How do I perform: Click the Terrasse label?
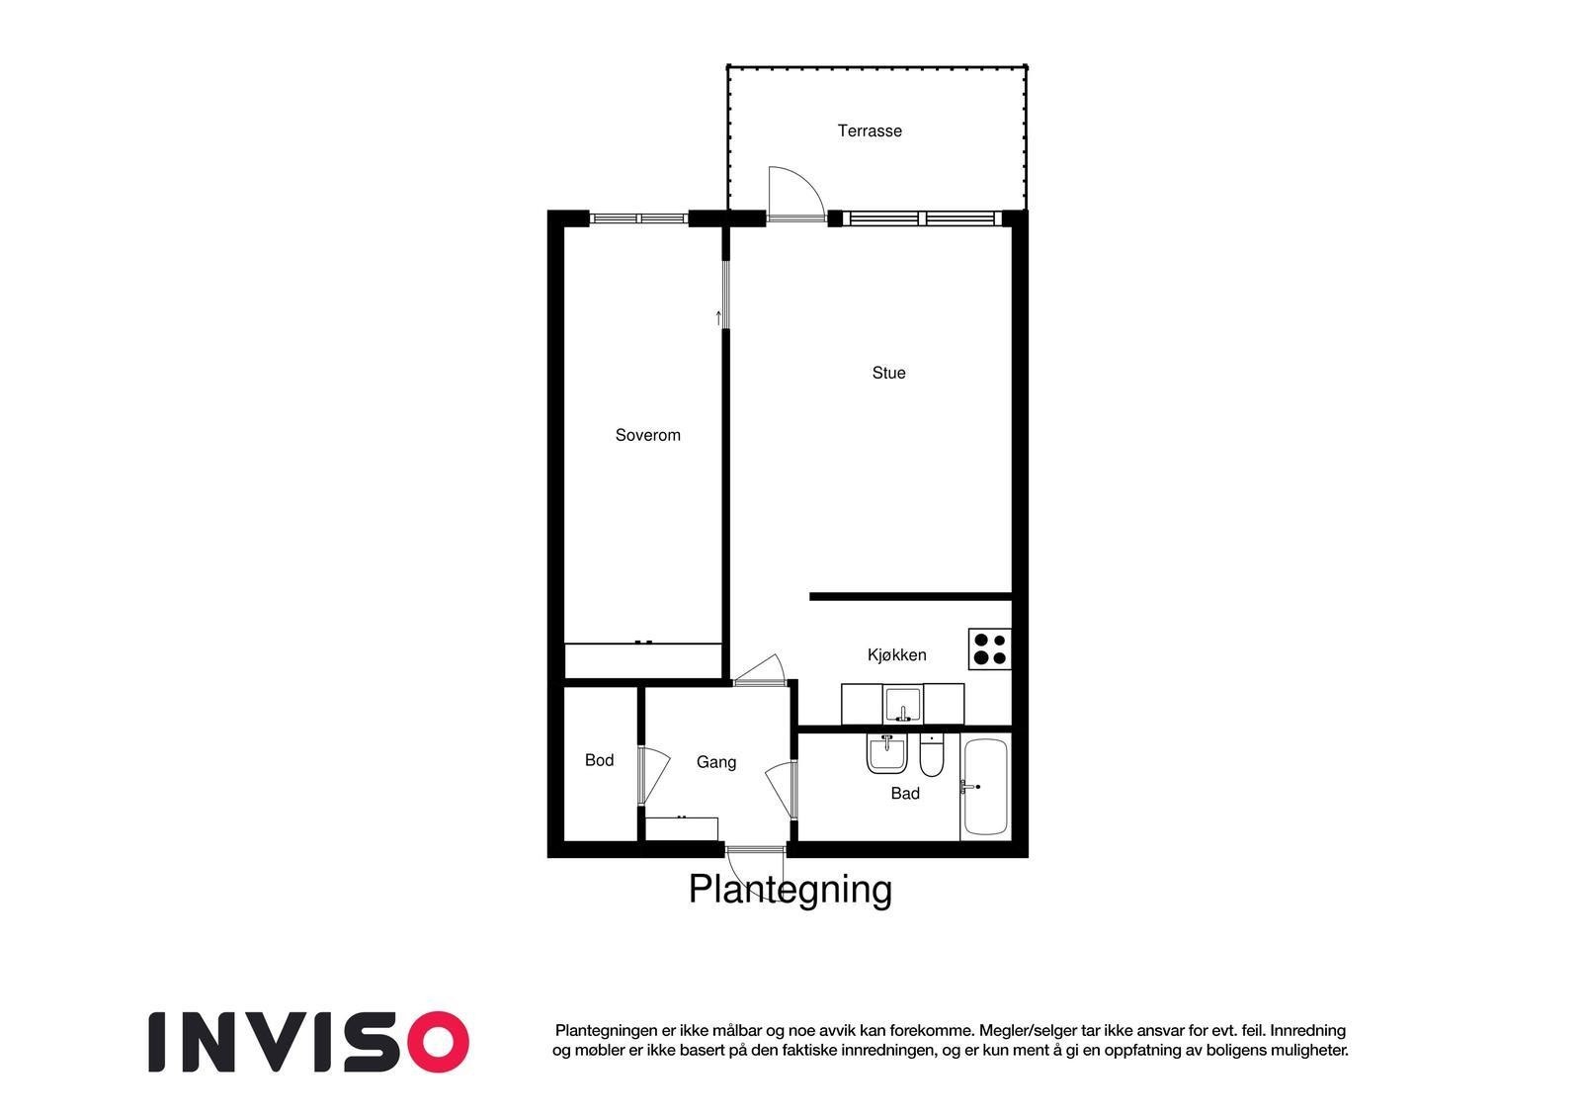870,130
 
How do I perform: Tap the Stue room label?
888,373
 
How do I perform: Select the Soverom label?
647,435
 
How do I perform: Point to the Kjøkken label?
896,654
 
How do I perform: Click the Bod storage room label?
599,760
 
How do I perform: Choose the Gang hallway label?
715,762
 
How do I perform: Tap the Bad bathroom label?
904,793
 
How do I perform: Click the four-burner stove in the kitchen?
989,648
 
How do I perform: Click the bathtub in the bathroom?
985,787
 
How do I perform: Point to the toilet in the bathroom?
932,756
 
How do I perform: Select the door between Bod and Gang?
650,774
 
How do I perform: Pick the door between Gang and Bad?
783,789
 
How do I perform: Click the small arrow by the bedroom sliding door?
718,317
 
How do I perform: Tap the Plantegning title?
790,889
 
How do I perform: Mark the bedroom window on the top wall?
637,218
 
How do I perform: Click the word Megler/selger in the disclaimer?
1026,1030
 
